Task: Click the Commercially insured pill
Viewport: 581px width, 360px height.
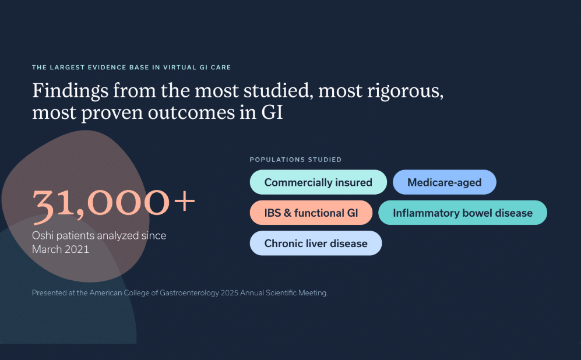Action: coord(318,182)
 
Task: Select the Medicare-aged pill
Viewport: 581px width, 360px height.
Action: coord(444,182)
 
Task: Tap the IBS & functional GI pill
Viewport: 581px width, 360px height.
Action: coord(311,213)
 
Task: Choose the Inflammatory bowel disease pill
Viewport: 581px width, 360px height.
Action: coord(463,213)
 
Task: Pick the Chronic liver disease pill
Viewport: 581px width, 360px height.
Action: coord(316,243)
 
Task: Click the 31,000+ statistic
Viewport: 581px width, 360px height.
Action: coord(114,204)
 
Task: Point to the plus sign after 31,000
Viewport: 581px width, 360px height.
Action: coord(184,202)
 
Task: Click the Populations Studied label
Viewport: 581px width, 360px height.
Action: coord(295,160)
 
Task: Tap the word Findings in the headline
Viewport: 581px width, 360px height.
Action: coord(71,91)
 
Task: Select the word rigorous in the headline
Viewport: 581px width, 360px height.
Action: coord(405,91)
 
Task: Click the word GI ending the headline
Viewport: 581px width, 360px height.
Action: coord(272,112)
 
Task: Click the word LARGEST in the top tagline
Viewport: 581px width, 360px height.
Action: coord(66,68)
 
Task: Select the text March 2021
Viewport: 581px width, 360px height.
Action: coord(61,249)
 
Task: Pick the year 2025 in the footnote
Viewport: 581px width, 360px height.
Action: coord(230,293)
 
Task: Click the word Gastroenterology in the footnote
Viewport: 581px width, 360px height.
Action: coord(189,294)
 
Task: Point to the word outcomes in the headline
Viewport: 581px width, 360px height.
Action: coord(191,113)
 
